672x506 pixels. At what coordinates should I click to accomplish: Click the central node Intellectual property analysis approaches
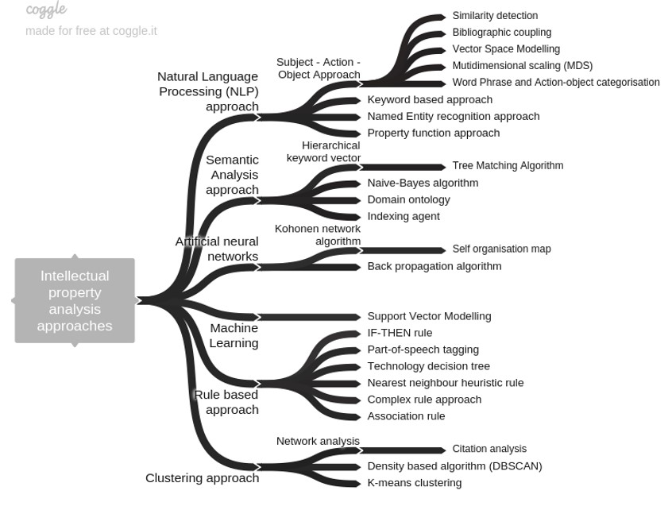click(x=75, y=301)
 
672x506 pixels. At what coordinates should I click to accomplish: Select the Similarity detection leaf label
click(x=495, y=16)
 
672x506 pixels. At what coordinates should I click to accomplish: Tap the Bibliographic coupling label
click(x=501, y=33)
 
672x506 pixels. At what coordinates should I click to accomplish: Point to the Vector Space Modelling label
click(x=506, y=49)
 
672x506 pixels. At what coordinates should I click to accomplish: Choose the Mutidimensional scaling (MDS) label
click(x=522, y=66)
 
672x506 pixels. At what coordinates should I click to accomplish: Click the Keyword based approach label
click(x=430, y=100)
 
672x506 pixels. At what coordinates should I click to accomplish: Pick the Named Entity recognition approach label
click(x=453, y=117)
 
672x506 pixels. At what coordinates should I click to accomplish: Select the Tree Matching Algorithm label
click(x=508, y=166)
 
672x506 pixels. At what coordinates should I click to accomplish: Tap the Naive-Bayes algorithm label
click(x=423, y=183)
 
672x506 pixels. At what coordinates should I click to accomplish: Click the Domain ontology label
click(x=408, y=200)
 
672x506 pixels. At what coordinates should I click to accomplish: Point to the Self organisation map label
click(x=501, y=249)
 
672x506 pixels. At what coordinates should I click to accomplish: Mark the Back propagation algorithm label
click(x=434, y=267)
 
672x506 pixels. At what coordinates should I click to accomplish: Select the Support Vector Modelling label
click(x=429, y=316)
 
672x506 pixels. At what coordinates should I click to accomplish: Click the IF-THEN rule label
click(x=400, y=334)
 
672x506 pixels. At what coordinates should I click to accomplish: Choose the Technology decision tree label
click(x=428, y=366)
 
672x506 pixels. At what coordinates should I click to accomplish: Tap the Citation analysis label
click(x=489, y=450)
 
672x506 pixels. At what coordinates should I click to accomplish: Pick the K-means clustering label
click(x=414, y=483)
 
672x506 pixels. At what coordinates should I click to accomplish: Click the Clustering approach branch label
click(x=202, y=478)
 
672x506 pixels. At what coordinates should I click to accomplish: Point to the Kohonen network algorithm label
click(x=318, y=235)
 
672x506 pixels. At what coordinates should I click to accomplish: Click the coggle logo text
click(x=46, y=10)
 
